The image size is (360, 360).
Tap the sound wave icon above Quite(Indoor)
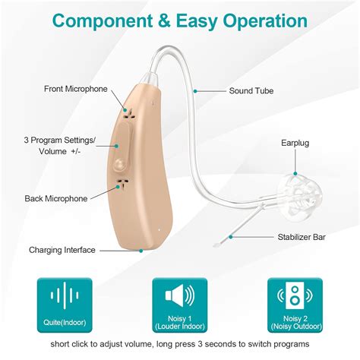tap(64, 295)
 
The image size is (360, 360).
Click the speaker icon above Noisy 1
tap(179, 295)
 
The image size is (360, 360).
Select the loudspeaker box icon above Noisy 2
tap(295, 295)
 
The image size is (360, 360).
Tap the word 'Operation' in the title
tap(261, 21)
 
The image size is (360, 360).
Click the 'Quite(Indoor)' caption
tap(64, 321)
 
